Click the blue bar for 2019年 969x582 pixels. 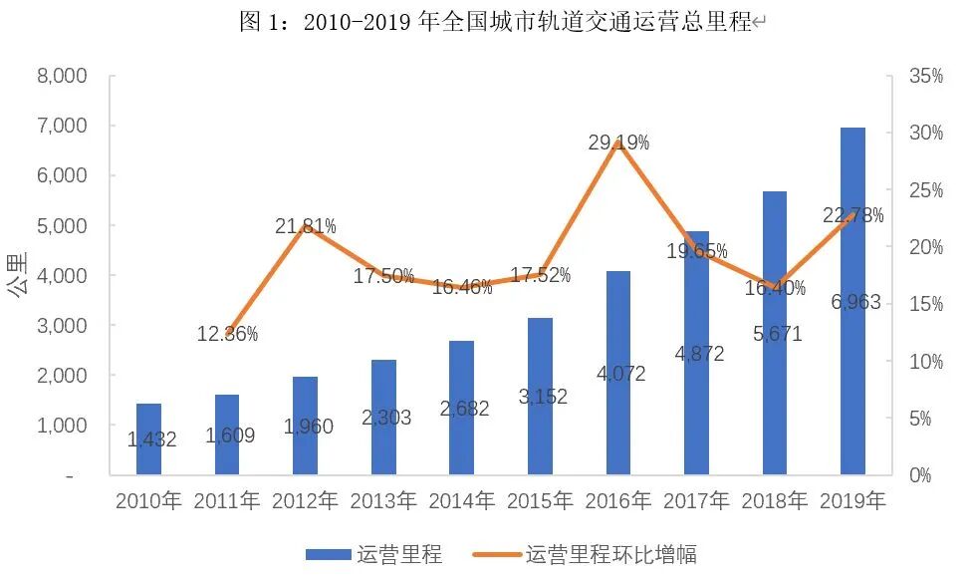coord(852,300)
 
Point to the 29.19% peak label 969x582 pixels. coord(618,144)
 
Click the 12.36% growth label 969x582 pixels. coord(227,335)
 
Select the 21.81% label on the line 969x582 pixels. coord(306,227)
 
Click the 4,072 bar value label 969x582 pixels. coord(618,375)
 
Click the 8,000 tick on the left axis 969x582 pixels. coord(62,76)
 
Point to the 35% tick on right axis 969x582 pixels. coord(925,76)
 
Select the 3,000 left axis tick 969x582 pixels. coord(62,326)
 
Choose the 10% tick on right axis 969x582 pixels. coord(925,362)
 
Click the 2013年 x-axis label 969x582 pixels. coord(383,501)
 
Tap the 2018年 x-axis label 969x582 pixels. coord(775,501)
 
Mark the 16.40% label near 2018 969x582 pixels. coord(774,288)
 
